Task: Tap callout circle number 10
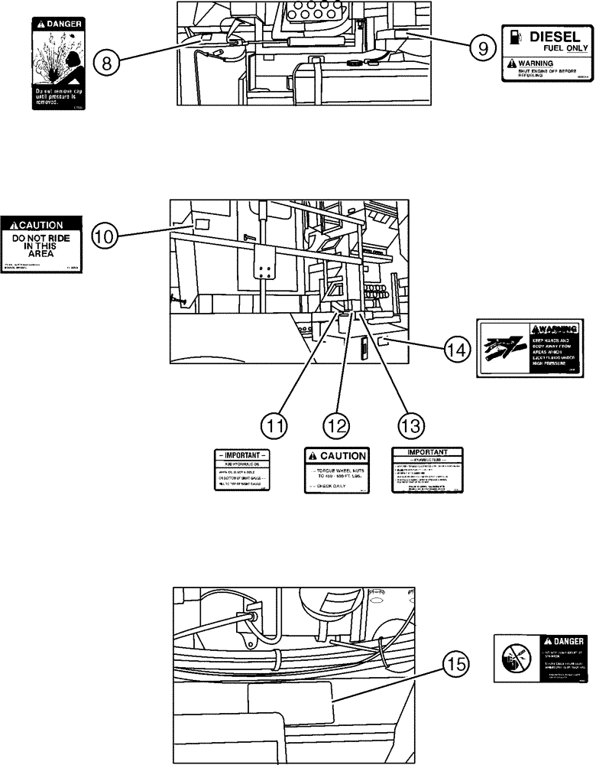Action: point(107,235)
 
